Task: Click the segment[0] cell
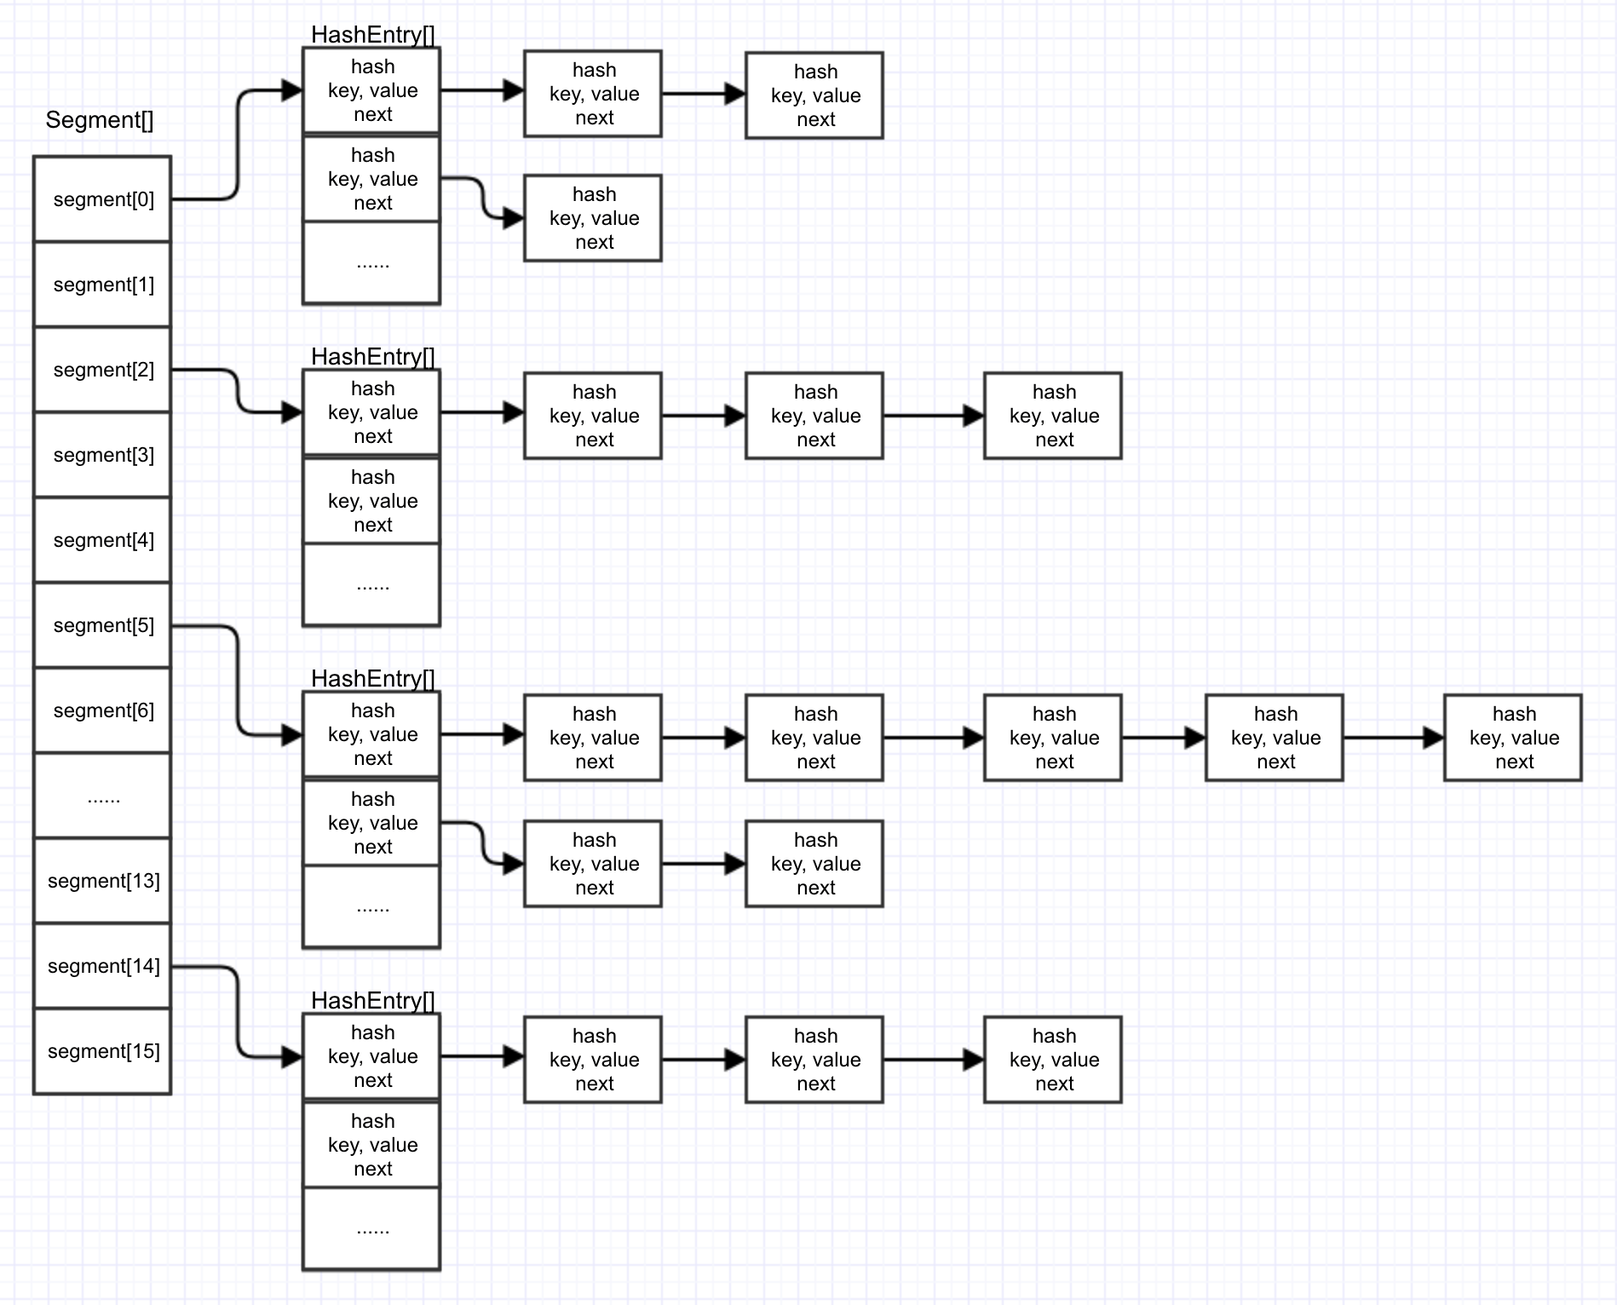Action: tap(102, 199)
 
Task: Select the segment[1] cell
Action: tap(102, 285)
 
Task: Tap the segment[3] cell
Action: tap(102, 455)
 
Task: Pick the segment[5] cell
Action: tap(102, 625)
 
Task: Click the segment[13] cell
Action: tap(102, 881)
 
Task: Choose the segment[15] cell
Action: tap(102, 1051)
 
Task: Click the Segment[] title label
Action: tap(100, 120)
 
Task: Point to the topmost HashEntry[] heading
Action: tap(372, 35)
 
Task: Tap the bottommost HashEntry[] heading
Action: tap(372, 1001)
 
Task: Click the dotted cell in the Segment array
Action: tap(102, 796)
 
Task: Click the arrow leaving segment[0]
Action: tap(237, 145)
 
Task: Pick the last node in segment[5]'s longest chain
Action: tap(1512, 738)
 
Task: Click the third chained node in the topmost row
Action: tap(814, 95)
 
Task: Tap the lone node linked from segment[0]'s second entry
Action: tap(593, 218)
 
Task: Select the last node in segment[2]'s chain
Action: tap(1053, 416)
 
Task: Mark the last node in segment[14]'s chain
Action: tap(1053, 1060)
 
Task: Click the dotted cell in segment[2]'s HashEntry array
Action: tap(371, 584)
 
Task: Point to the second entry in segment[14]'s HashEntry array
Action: tap(371, 1145)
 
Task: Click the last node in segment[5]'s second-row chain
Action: tap(814, 864)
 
